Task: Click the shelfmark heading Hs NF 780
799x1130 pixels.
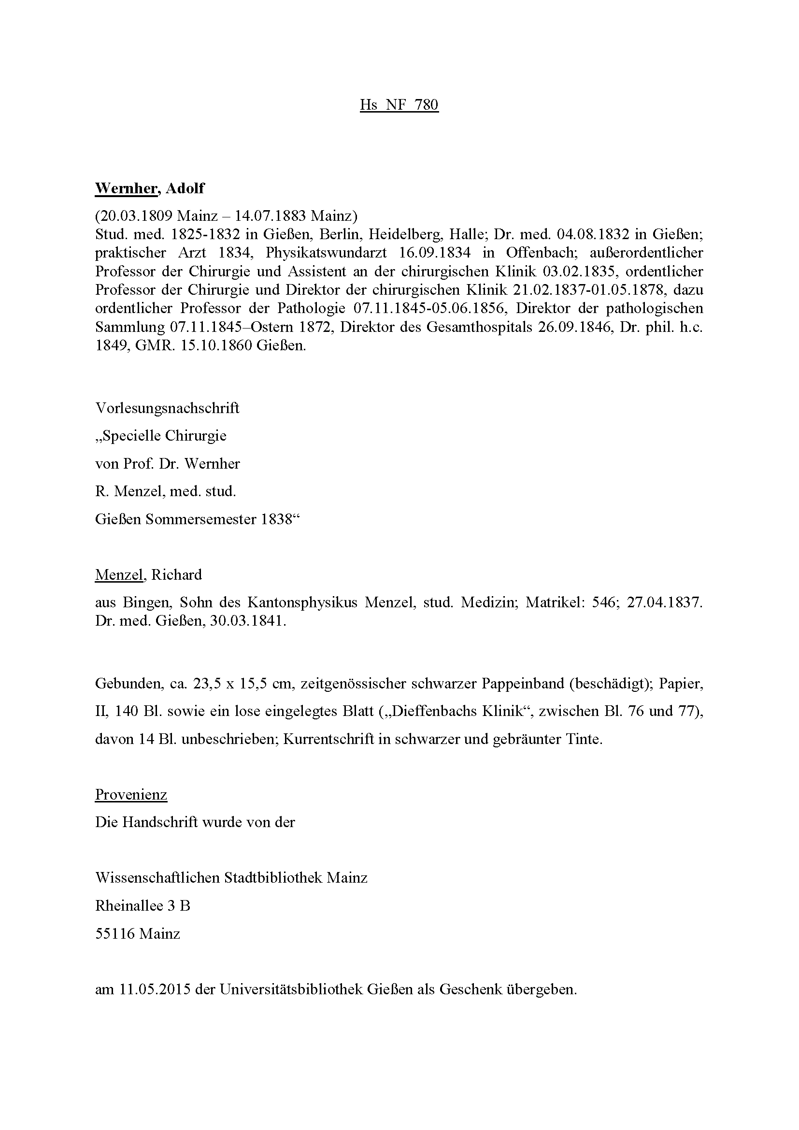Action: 399,105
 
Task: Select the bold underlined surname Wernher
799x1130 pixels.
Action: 126,188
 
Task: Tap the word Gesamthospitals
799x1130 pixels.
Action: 479,327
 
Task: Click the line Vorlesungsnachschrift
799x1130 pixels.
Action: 167,408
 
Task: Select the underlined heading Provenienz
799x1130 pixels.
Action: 131,794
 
